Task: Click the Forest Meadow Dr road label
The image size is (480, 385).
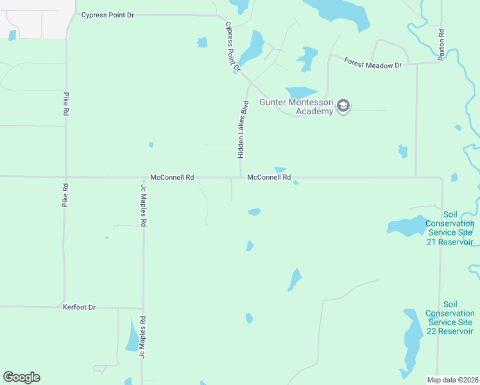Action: pos(372,64)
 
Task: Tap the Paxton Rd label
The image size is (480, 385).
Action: pos(441,44)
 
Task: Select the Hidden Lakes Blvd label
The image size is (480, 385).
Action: pos(243,130)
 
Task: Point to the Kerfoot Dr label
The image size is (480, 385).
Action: pos(79,307)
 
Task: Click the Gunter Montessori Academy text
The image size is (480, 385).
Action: pos(297,107)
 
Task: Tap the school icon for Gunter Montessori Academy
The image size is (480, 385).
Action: pos(343,106)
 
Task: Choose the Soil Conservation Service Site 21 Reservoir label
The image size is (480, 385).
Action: pos(449,228)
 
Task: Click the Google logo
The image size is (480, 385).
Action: pos(21,377)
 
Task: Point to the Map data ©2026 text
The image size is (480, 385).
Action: pos(450,379)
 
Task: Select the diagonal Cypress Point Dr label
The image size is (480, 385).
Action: pos(232,46)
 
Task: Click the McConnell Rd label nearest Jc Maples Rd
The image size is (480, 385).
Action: pos(172,177)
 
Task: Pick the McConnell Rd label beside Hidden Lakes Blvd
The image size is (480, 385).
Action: pos(269,177)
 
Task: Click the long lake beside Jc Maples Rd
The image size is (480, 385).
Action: pos(133,336)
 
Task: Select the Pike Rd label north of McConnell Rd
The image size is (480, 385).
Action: pos(65,104)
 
